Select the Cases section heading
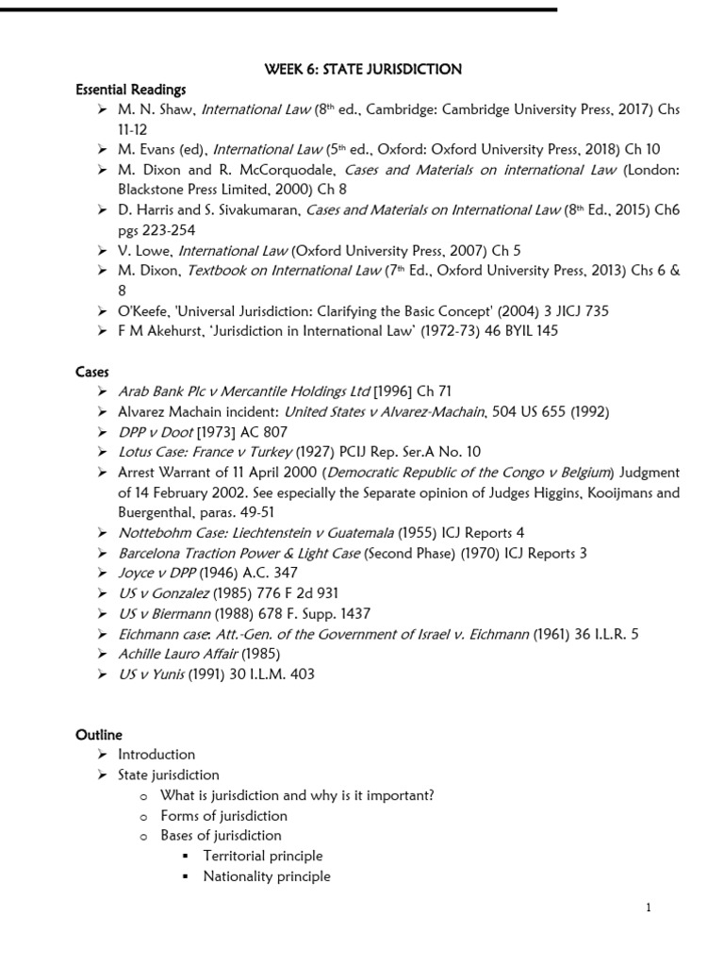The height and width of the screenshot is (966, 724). pos(93,372)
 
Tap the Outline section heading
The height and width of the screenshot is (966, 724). pos(99,734)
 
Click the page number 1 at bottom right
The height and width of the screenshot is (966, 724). pos(649,908)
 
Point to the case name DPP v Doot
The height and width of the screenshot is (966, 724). pos(155,431)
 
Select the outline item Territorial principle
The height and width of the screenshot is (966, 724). pos(262,856)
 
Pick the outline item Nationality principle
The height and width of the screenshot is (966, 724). pos(267,876)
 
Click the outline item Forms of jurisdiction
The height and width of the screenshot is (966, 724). pos(223,815)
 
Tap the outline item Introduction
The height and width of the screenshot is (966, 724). pos(156,754)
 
